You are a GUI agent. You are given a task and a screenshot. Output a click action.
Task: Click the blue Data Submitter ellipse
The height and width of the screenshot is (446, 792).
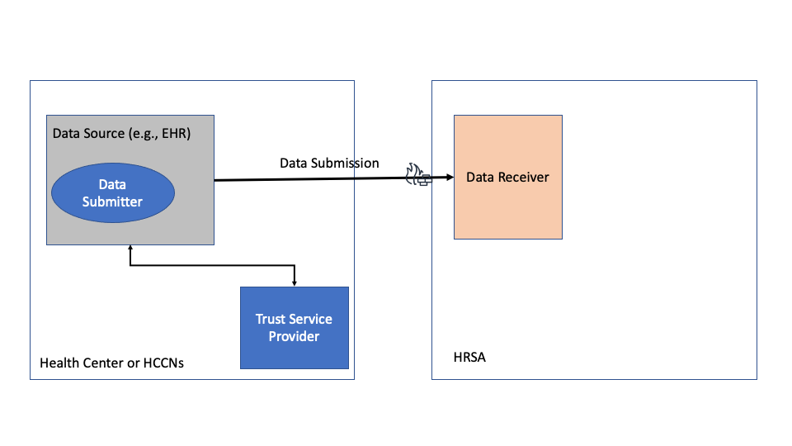113,193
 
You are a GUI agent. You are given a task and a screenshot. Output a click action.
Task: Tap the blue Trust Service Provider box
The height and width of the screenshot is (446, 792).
294,327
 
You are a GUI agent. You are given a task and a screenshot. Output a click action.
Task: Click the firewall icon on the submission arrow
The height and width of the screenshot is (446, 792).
417,175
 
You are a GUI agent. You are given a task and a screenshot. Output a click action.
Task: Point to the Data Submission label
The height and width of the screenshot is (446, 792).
329,163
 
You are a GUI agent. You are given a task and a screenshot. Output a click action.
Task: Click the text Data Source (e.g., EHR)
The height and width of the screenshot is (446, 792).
121,133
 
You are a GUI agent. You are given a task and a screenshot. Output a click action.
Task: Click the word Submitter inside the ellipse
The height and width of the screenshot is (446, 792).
113,202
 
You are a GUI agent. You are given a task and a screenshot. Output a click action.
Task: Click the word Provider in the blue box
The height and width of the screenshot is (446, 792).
294,336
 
